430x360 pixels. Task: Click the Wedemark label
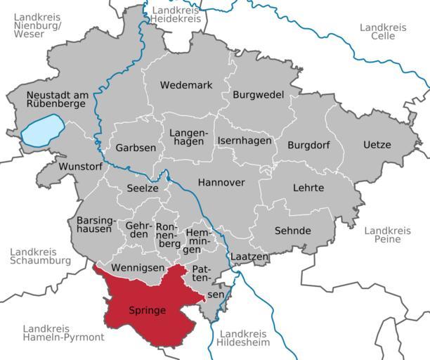point(185,85)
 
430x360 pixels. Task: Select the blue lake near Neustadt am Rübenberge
point(42,133)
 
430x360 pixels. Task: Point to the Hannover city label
point(221,182)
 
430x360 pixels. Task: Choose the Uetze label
point(377,145)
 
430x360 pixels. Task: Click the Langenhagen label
point(187,136)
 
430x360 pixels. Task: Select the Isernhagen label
point(244,141)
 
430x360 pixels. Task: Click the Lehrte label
point(308,188)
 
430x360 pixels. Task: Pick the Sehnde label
point(292,231)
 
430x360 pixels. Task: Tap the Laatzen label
point(249,257)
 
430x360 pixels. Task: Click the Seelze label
point(143,188)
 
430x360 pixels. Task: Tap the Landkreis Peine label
point(387,235)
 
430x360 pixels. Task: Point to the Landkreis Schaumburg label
point(40,256)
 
